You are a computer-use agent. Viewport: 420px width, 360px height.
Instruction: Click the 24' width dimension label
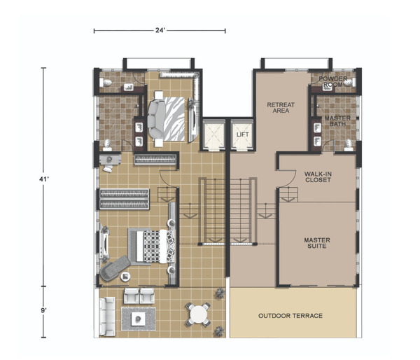click(160, 31)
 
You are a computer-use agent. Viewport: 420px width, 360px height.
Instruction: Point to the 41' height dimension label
click(43, 179)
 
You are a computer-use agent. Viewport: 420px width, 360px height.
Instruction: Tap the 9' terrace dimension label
click(43, 310)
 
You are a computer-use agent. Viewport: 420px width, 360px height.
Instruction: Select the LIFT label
click(242, 134)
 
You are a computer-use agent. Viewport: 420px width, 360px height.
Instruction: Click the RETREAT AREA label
click(281, 107)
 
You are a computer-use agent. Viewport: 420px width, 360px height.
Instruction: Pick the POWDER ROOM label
click(333, 81)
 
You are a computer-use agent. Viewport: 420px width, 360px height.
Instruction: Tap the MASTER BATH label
click(337, 121)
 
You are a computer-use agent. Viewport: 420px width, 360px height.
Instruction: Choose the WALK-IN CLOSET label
click(318, 177)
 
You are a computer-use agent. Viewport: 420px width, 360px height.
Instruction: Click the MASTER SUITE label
click(317, 243)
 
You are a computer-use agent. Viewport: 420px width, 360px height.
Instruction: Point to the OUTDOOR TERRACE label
click(290, 316)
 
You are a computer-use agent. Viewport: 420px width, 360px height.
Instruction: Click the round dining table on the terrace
click(198, 314)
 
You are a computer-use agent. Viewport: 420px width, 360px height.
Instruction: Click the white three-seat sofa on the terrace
click(107, 317)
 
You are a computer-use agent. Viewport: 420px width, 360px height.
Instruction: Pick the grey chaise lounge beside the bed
click(114, 268)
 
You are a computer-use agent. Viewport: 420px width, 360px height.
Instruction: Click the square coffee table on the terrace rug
click(138, 319)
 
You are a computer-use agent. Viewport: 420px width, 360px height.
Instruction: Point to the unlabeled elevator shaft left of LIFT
click(213, 135)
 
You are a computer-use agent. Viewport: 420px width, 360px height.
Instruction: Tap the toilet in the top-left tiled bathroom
click(106, 82)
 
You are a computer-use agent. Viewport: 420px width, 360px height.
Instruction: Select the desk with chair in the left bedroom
click(110, 162)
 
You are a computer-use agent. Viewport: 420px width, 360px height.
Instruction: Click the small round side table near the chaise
click(125, 277)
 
